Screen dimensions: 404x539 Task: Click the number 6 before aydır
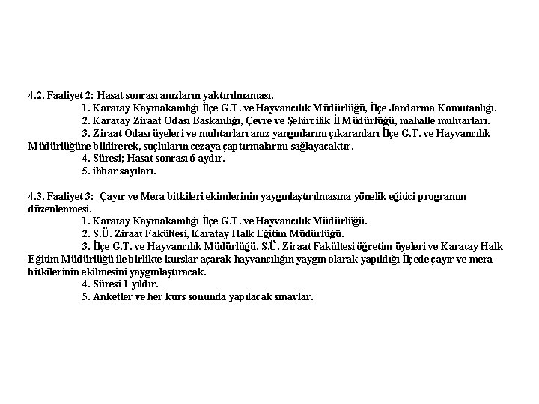tap(192, 159)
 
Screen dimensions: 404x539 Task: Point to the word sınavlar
tap(294, 297)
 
